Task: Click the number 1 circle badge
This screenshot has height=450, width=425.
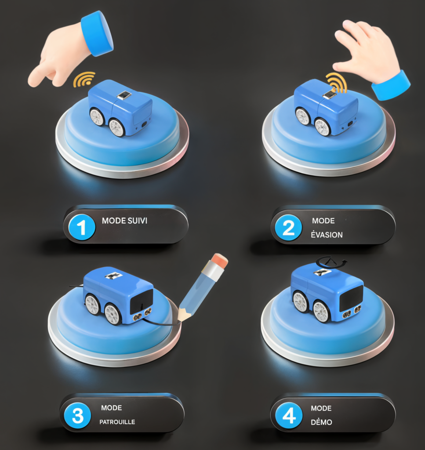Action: (82, 227)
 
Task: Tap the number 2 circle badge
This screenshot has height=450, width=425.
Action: (288, 228)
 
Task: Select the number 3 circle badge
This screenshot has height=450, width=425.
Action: (77, 415)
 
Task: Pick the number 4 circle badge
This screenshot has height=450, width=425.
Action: (289, 415)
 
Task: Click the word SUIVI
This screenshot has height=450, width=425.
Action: (137, 221)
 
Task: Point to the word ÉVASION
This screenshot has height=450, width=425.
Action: (327, 235)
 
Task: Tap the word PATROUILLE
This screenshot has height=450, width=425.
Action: (117, 422)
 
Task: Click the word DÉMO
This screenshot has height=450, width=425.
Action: (321, 422)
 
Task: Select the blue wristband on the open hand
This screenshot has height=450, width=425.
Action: (391, 86)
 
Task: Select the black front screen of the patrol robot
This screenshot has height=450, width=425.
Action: (142, 301)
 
